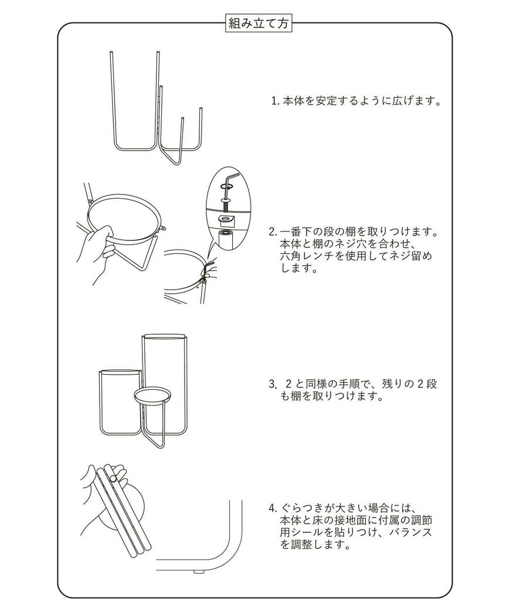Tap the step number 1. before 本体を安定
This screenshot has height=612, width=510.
pos(275,101)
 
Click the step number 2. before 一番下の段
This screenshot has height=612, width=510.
pos(273,231)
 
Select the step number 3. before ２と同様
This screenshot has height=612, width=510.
pos(273,385)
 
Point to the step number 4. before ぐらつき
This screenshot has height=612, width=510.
pos(273,508)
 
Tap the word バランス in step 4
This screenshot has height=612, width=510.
pos(412,532)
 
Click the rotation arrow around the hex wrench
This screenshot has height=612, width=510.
pos(226,187)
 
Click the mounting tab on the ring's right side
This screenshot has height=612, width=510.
pos(163,229)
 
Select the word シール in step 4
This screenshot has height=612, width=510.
pos(305,532)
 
